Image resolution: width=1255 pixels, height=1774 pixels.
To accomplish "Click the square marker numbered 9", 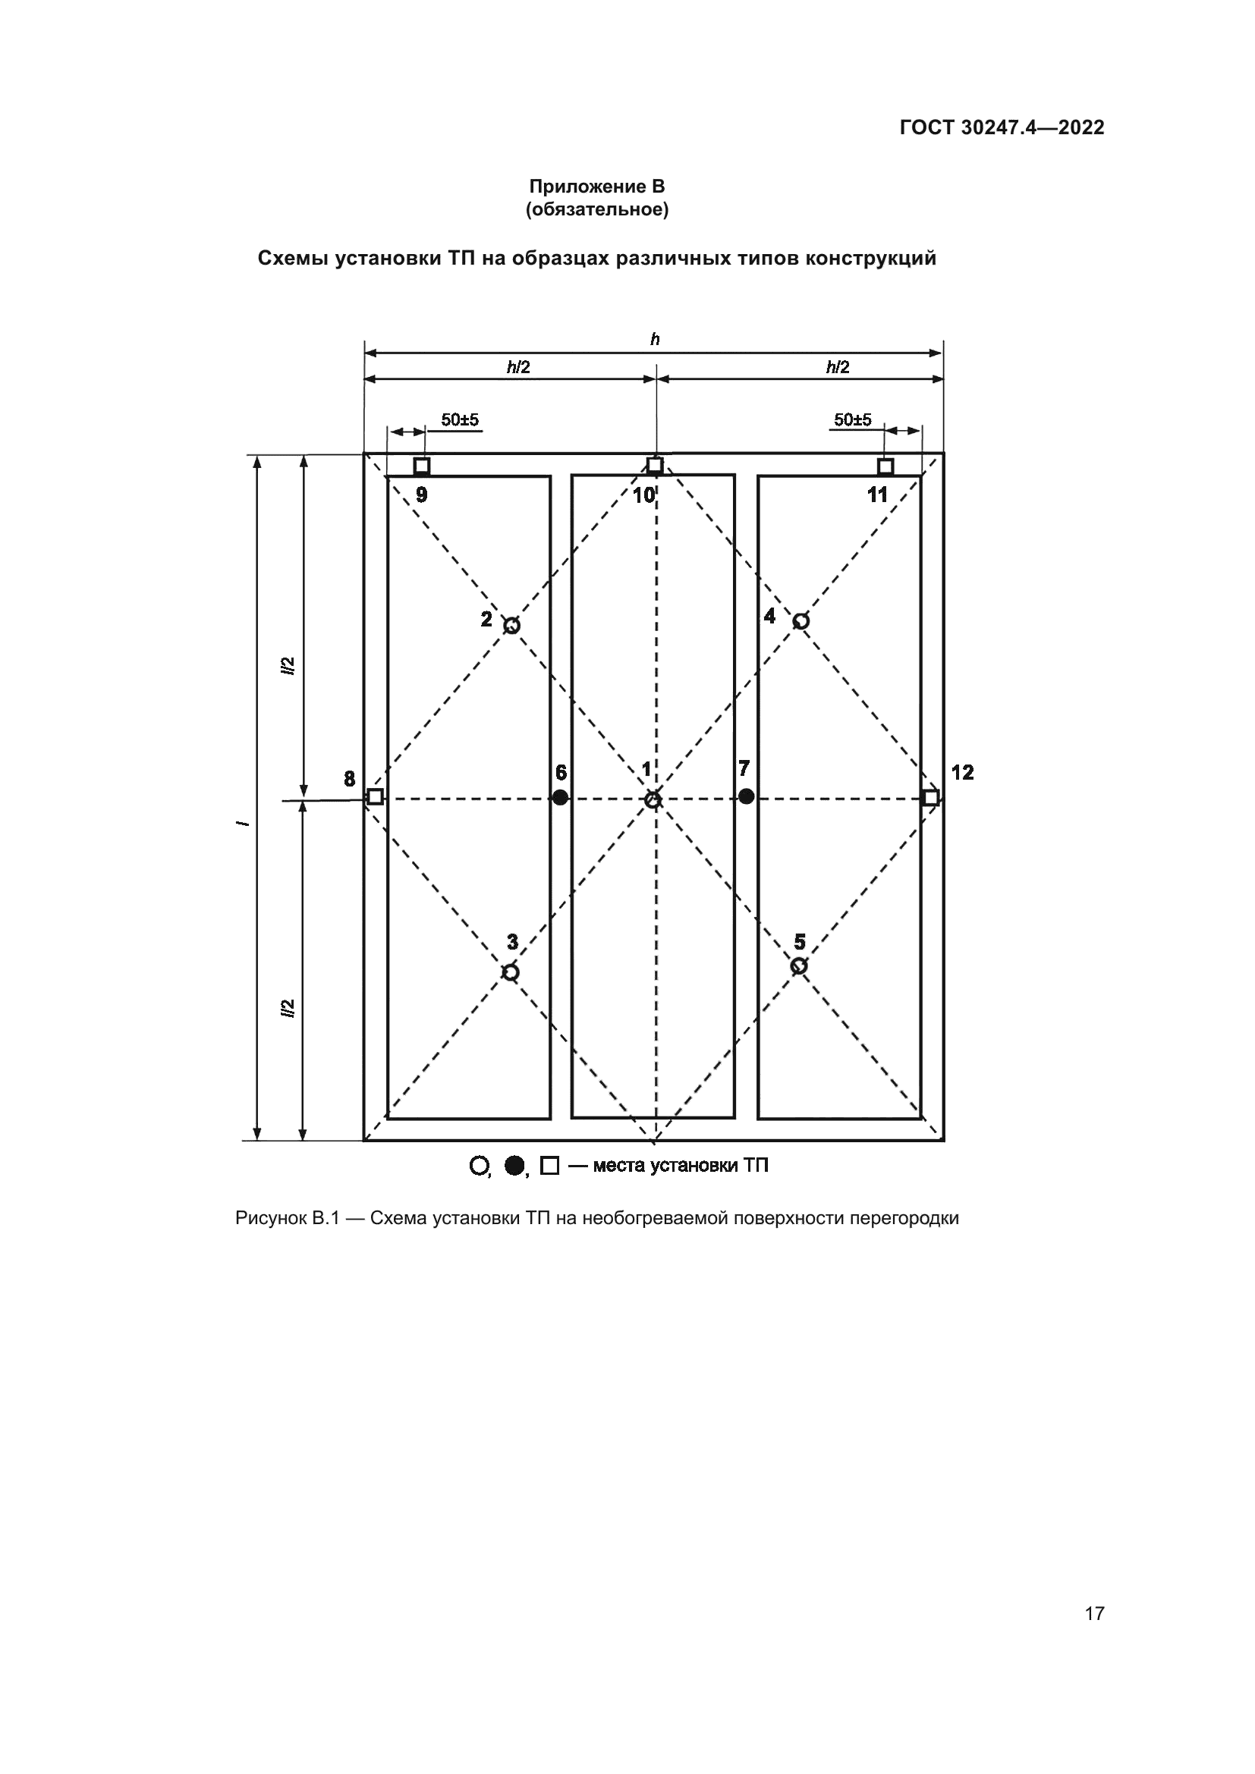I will (421, 466).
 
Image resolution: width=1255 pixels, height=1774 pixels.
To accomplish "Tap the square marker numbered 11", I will (885, 466).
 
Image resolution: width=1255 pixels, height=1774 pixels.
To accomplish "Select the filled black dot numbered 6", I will (560, 797).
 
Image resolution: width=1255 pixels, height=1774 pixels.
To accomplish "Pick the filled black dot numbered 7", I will (746, 796).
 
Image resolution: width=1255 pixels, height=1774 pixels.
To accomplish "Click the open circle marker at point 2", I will (511, 625).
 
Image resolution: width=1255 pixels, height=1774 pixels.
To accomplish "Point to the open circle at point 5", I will (799, 965).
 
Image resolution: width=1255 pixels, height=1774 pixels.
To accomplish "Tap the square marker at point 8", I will (375, 796).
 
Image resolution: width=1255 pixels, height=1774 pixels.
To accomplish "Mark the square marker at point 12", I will (931, 796).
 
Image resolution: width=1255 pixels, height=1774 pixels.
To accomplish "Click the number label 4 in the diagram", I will (769, 617).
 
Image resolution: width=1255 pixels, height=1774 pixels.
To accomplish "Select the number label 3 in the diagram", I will (512, 942).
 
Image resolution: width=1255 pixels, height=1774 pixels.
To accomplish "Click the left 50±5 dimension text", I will (460, 419).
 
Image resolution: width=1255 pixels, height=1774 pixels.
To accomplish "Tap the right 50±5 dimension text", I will (852, 419).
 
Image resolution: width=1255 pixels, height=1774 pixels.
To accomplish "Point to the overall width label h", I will (655, 340).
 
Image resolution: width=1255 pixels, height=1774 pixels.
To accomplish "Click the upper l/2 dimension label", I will (288, 666).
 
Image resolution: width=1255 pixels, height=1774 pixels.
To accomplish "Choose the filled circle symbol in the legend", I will (514, 1166).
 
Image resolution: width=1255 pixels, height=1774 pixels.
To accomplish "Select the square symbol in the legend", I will (549, 1166).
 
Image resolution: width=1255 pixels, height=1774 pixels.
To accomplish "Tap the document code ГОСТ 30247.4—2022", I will (1002, 127).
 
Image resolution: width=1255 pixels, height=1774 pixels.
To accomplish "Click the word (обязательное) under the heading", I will (596, 209).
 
